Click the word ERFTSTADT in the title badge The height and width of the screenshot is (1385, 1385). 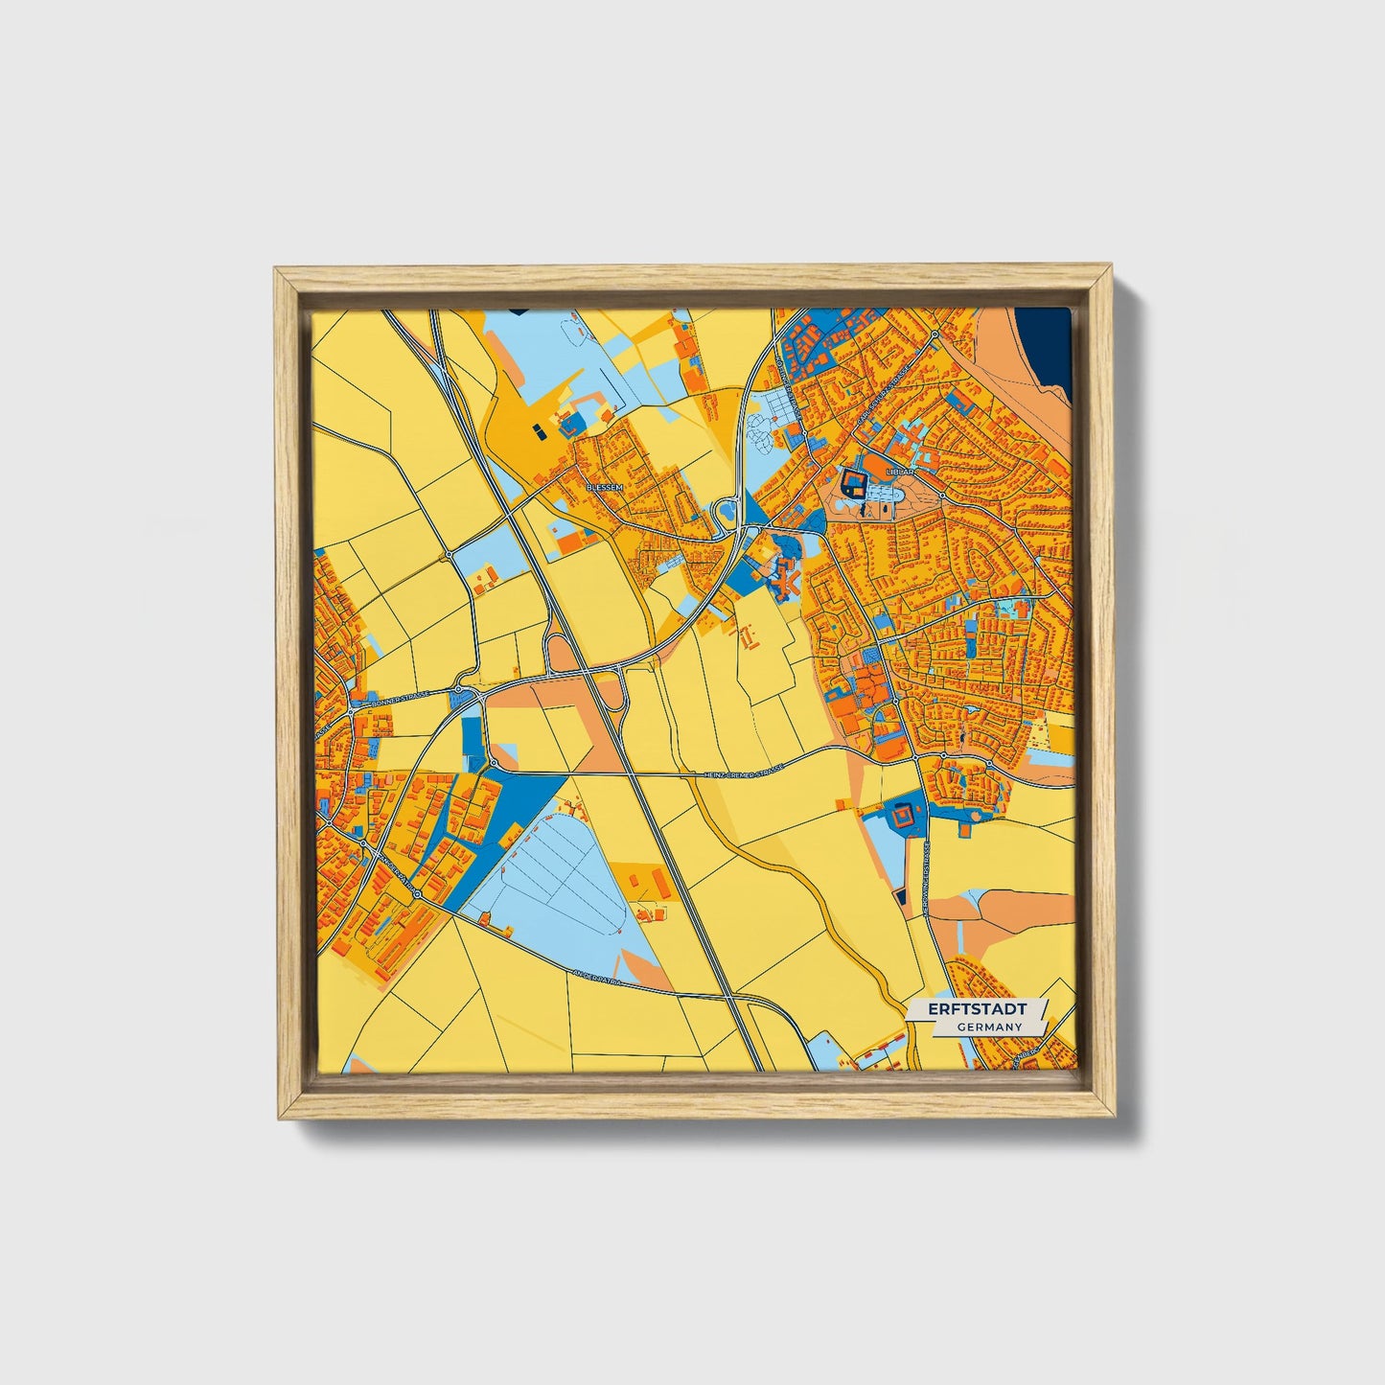click(x=977, y=1010)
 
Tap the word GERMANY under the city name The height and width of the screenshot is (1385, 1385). click(x=988, y=1027)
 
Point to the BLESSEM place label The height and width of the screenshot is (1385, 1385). click(x=604, y=487)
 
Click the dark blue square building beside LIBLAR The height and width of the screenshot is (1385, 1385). click(x=852, y=482)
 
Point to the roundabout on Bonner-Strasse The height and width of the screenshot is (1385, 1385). click(x=460, y=689)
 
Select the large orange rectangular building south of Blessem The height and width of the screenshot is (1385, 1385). click(x=569, y=542)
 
